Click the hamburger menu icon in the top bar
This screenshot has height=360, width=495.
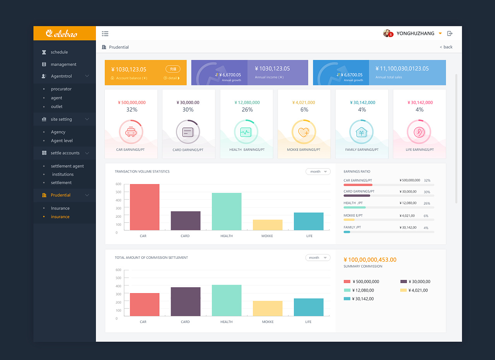pyautogui.click(x=105, y=34)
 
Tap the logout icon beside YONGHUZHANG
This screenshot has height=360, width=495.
pyautogui.click(x=450, y=33)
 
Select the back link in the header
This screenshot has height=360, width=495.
pyautogui.click(x=446, y=47)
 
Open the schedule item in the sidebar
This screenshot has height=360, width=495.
pyautogui.click(x=59, y=52)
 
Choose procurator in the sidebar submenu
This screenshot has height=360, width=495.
pyautogui.click(x=61, y=89)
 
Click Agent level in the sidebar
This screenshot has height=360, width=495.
pyautogui.click(x=61, y=140)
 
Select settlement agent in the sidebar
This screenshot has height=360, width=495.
pyautogui.click(x=67, y=166)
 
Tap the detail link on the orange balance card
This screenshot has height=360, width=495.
pyautogui.click(x=172, y=78)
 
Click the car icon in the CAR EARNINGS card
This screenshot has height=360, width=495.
pyautogui.click(x=131, y=132)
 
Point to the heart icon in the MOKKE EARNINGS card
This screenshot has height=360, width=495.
pyautogui.click(x=304, y=132)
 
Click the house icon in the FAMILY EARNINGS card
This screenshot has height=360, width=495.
pyautogui.click(x=361, y=132)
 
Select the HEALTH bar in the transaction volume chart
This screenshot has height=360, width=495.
pyautogui.click(x=227, y=212)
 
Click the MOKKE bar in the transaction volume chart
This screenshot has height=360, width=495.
pyautogui.click(x=268, y=225)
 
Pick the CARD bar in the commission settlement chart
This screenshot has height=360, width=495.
pyautogui.click(x=186, y=302)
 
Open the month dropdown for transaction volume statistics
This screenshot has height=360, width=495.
pyautogui.click(x=318, y=171)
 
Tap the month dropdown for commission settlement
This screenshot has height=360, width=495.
pyautogui.click(x=318, y=258)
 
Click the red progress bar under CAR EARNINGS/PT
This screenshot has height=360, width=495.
pyautogui.click(x=358, y=185)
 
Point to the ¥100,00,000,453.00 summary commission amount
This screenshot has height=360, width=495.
pyautogui.click(x=370, y=260)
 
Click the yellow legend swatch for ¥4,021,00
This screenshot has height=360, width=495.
pyautogui.click(x=403, y=290)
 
